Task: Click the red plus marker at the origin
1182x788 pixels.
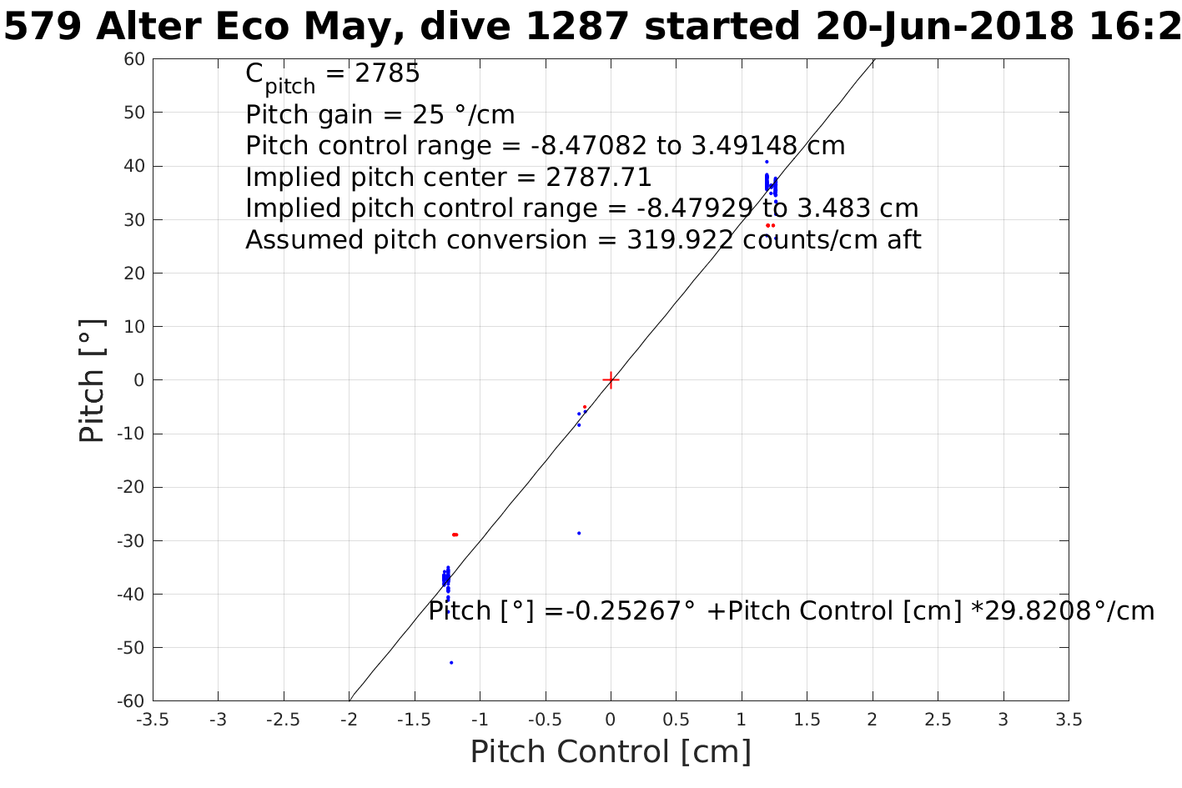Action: click(x=611, y=380)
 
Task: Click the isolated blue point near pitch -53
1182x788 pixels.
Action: click(x=451, y=663)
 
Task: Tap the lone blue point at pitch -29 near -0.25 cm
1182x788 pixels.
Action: click(x=579, y=534)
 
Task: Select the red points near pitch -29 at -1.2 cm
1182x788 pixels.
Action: click(x=455, y=535)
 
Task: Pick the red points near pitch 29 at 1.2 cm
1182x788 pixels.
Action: click(x=770, y=225)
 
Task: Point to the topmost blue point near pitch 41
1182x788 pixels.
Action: click(x=767, y=162)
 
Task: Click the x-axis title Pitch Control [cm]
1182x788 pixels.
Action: click(x=611, y=752)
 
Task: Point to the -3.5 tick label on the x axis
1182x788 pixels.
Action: click(x=153, y=720)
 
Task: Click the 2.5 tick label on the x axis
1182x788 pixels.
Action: click(x=938, y=720)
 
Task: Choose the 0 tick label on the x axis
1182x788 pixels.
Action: click(x=611, y=720)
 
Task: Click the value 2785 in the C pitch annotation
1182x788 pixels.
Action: click(x=387, y=74)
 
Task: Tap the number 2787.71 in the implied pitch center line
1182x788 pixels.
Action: click(x=598, y=178)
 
